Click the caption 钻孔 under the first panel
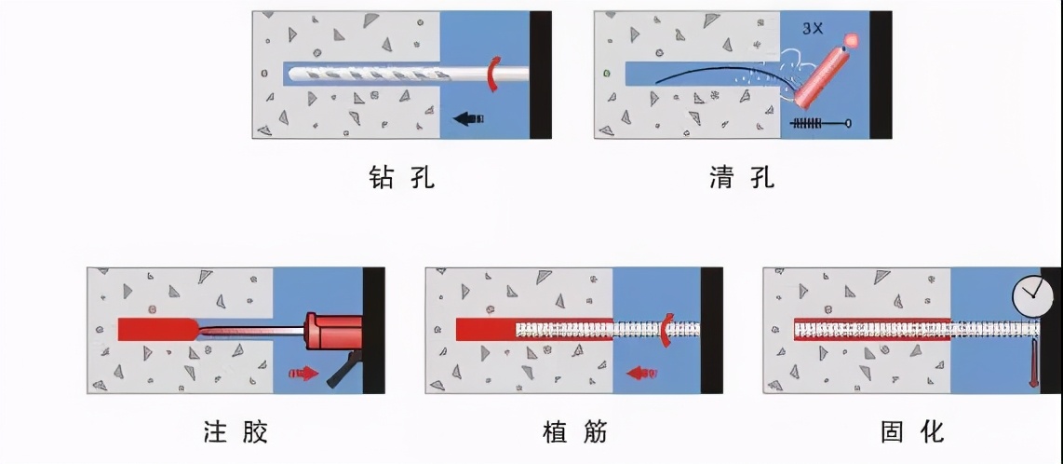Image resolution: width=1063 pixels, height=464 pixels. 400,177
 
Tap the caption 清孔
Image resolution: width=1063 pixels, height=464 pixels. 741,177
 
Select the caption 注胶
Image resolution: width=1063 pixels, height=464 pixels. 235,431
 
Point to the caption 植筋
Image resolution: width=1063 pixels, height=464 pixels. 575,431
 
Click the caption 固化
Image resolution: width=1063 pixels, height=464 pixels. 912,431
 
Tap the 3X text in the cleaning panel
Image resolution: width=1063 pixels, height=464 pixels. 814,30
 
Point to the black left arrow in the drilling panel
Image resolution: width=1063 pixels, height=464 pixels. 468,118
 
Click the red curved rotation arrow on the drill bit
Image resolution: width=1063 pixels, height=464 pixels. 492,74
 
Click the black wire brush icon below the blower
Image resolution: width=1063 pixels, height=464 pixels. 820,124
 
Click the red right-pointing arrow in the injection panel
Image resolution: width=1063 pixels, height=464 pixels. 303,373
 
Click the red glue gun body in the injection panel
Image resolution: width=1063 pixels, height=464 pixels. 331,331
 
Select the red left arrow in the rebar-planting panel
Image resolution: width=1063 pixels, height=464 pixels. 641,373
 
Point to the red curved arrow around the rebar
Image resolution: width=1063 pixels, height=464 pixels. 666,330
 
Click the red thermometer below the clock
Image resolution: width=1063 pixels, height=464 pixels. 1033,363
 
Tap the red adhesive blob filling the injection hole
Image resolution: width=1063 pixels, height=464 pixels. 156,329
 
